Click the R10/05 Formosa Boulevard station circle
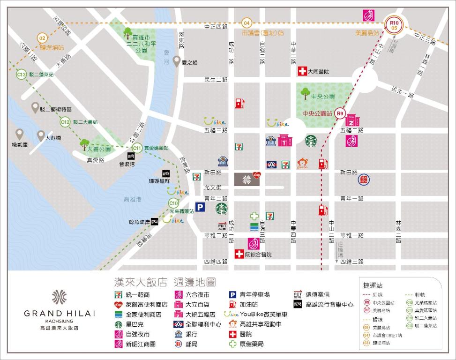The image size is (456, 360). click(394, 24)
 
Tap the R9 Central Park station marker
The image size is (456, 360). click(340, 113)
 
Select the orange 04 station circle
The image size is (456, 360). click(247, 22)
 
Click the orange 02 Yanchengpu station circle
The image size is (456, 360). click(43, 38)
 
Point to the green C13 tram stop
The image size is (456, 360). click(21, 75)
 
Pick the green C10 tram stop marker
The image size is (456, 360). click(173, 203)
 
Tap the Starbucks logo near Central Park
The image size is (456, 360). click(311, 141)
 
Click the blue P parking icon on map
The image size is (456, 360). click(200, 207)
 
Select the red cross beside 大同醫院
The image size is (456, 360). click(302, 71)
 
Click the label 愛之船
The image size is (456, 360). click(190, 62)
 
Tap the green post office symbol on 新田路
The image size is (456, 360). click(363, 179)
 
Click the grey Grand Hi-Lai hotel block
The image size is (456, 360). click(247, 179)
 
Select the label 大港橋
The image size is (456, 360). click(53, 138)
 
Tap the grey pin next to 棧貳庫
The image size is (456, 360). click(19, 134)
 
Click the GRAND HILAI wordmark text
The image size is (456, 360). click(60, 313)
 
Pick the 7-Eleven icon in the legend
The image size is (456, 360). click(119, 295)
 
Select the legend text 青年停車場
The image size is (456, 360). click(254, 295)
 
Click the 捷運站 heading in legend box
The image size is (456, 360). click(373, 285)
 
